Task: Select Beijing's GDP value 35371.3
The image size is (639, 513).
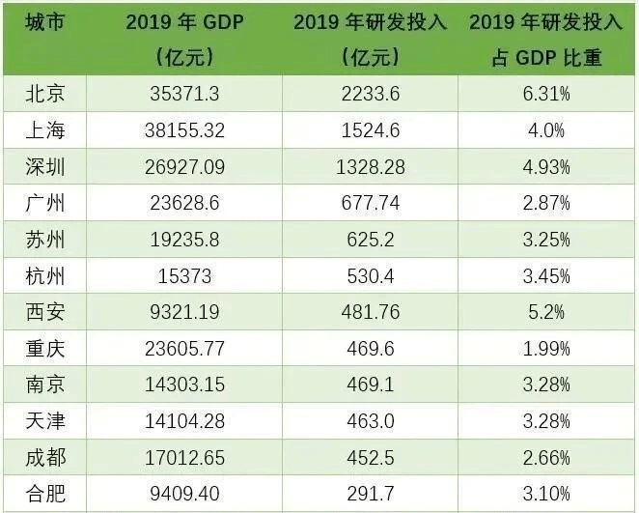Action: (187, 94)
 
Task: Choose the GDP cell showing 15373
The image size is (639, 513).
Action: (187, 277)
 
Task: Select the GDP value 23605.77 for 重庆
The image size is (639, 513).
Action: (187, 351)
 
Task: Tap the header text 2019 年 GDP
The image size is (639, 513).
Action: (187, 22)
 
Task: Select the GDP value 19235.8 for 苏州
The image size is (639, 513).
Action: (187, 241)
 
